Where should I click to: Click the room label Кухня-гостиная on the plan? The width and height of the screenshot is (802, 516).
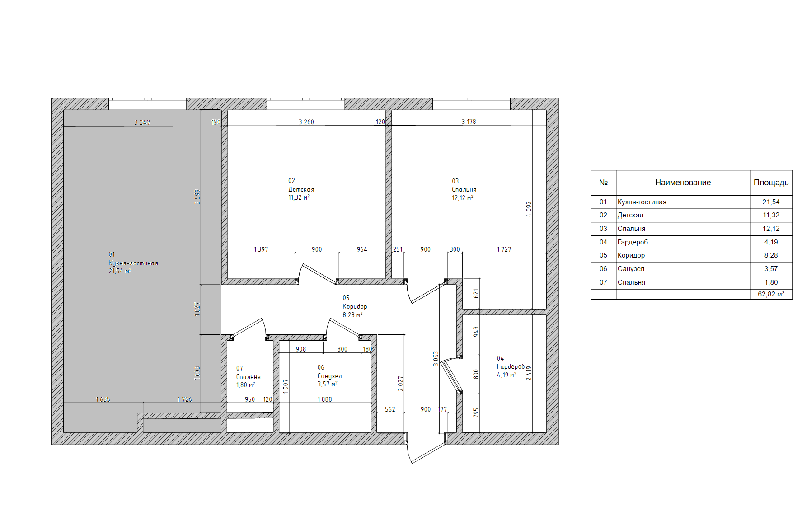click(x=133, y=263)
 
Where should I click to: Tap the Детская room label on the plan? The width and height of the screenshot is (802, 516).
click(x=301, y=189)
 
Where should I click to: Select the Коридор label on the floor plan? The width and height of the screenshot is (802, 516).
click(x=355, y=306)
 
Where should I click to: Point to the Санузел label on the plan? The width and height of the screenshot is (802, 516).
click(x=329, y=376)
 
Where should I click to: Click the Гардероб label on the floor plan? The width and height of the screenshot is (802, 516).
click(x=511, y=366)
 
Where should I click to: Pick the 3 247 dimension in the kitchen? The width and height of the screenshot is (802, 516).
click(x=142, y=122)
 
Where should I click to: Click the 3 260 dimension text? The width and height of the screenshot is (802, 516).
click(x=306, y=122)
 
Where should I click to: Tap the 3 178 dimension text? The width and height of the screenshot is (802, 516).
click(x=469, y=122)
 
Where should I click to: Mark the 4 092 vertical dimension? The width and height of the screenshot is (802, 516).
click(x=529, y=209)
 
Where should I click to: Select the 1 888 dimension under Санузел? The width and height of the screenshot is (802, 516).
click(x=324, y=399)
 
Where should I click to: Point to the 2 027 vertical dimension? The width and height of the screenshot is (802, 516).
click(x=400, y=384)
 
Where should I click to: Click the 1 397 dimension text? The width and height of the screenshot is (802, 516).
click(x=261, y=249)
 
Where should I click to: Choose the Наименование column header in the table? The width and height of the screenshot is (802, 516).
click(x=683, y=183)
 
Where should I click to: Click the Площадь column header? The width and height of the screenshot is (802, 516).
click(x=771, y=183)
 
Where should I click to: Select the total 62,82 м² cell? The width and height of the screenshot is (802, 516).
click(x=771, y=294)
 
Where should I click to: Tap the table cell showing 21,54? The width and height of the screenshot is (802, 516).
click(x=771, y=202)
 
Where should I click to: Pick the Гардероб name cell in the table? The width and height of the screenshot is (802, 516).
click(x=633, y=242)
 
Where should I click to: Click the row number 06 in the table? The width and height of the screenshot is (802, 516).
click(x=603, y=269)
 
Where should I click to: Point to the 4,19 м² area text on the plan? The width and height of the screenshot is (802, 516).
click(x=507, y=375)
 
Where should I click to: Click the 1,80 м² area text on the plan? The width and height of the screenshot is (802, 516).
click(x=245, y=385)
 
